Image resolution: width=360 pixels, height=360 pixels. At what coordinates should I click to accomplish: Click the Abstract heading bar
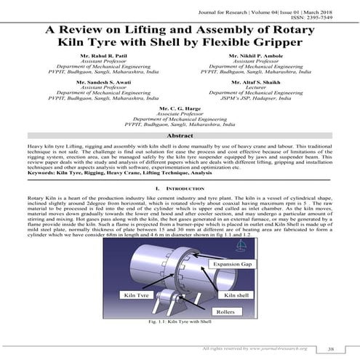[180, 136]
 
